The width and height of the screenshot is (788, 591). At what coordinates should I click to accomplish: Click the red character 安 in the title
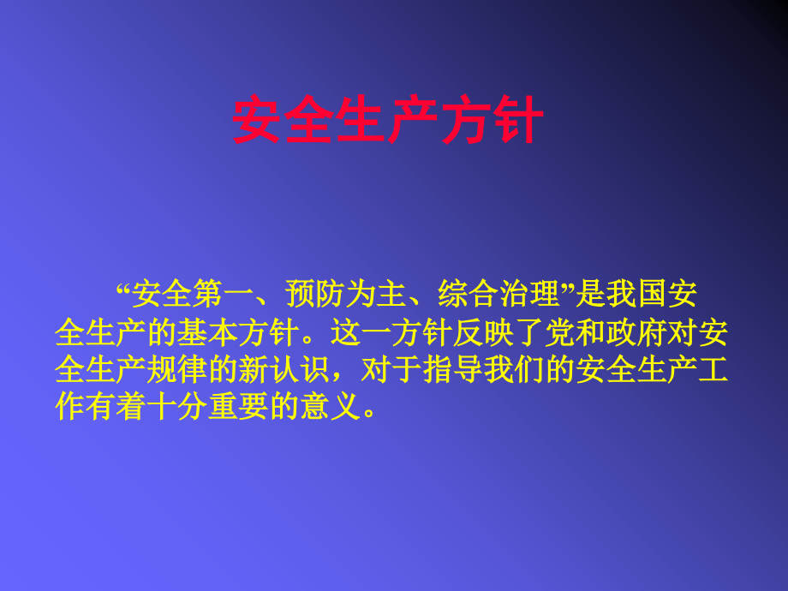point(258,121)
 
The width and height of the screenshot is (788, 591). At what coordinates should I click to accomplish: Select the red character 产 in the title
point(413,121)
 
